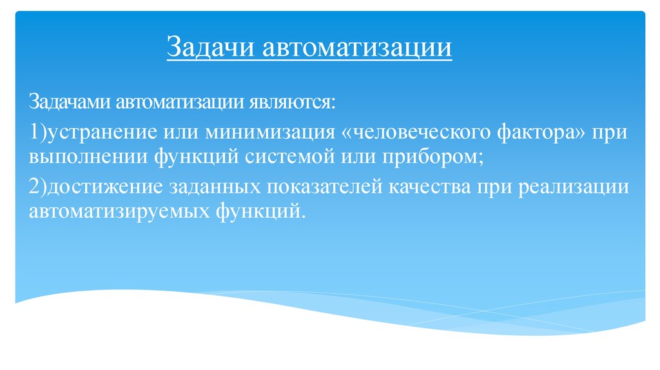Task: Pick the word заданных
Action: click(x=211, y=187)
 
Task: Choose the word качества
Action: click(x=430, y=187)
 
